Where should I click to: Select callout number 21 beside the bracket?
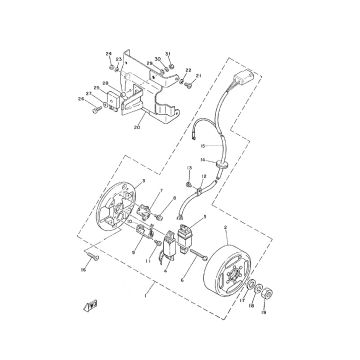pos(199,75)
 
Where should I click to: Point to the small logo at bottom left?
pos(92,330)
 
